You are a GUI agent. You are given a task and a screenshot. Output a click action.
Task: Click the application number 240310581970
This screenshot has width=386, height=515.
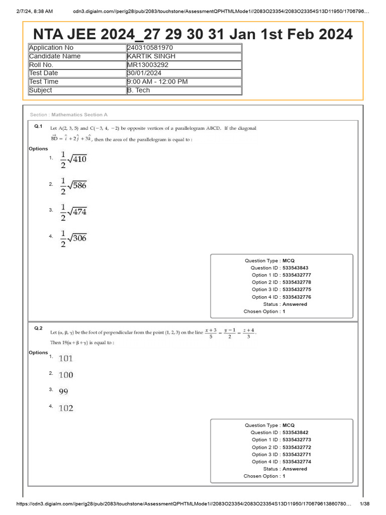coord(150,48)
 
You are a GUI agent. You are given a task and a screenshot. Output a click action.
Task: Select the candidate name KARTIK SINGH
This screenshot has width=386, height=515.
coord(151,56)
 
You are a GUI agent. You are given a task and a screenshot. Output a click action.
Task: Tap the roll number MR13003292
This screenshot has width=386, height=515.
coord(148,65)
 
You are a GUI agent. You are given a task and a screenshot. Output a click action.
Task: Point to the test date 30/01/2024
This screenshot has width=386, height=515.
coord(144,73)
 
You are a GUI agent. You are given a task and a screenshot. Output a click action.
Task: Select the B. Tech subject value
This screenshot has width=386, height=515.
coord(139,90)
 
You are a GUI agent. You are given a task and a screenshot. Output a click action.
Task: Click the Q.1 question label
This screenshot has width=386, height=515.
coord(38,126)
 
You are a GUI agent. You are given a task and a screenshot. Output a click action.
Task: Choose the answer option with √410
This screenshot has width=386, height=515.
coord(73,158)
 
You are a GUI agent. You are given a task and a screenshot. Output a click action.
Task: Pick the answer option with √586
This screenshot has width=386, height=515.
coord(73,185)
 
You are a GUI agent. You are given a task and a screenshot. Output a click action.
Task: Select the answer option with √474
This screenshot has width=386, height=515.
coord(73,211)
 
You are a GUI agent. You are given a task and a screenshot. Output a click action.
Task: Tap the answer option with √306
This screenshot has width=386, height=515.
coord(73,237)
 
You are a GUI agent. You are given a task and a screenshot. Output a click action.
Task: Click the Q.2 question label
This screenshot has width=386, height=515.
coord(38,328)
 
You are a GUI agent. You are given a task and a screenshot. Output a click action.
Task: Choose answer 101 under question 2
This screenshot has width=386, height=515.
coord(66,359)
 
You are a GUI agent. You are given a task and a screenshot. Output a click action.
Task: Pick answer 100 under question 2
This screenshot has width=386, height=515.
coord(66,375)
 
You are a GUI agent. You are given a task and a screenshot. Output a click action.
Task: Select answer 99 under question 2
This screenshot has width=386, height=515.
coord(63,391)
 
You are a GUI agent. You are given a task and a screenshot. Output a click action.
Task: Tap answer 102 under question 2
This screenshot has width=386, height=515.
coord(66,408)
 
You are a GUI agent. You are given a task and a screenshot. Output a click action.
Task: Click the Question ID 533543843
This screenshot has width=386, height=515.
coord(296,268)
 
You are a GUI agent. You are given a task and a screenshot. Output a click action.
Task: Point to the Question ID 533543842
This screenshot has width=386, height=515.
coord(296,433)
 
